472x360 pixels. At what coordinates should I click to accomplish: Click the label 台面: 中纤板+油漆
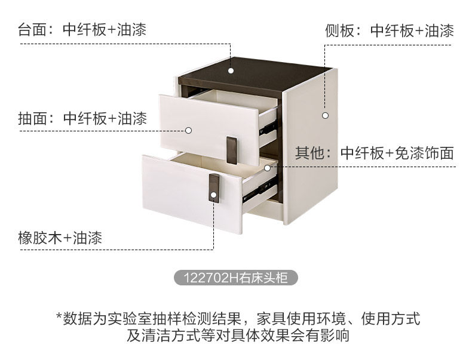82,30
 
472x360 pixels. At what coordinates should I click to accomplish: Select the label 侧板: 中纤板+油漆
389,31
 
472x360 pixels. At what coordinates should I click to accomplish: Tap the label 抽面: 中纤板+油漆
82,118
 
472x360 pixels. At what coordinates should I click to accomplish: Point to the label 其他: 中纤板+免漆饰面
374,153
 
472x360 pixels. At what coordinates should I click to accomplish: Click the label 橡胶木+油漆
60,238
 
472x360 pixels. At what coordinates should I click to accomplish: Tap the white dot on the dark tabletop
231,70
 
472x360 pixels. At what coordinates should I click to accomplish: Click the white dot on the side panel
326,115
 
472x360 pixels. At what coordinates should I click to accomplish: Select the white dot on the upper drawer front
188,131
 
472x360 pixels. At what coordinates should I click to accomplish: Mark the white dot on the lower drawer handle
213,195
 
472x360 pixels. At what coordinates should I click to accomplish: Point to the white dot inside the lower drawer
267,168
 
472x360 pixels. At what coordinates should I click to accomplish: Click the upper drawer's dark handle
231,150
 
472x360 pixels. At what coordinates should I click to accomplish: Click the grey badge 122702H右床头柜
236,278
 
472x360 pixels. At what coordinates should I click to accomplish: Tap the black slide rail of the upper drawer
268,128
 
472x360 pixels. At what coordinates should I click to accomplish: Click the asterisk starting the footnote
59,316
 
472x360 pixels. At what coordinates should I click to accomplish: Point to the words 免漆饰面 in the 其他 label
424,153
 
